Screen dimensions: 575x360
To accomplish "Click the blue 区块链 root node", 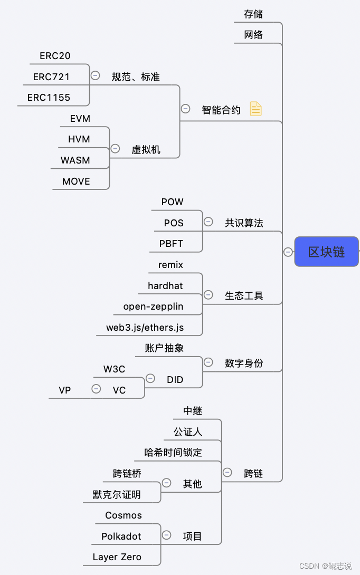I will coord(326,252).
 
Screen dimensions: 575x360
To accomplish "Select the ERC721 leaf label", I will coord(51,77).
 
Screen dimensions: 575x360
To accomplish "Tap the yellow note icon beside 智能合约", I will coord(255,109).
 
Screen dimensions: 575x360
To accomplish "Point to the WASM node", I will coord(75,160).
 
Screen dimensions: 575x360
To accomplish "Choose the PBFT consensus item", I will coord(172,244).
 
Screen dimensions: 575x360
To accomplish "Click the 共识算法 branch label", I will coord(244,223).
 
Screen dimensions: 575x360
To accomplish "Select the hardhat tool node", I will coord(165,286).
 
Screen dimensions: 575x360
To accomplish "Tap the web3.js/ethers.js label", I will coord(145,328).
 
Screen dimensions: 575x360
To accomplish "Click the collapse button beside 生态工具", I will coord(208,295).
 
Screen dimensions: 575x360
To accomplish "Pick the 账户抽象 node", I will coord(164,348).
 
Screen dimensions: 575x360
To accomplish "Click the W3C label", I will coord(115,369).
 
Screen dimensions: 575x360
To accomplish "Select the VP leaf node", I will coord(65,390).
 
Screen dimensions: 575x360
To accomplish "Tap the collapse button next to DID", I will coord(150,378).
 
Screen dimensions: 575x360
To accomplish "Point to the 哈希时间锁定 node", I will coord(173,453).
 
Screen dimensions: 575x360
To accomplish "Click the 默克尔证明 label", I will coord(117,495).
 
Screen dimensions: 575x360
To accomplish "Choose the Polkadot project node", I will coord(121,536).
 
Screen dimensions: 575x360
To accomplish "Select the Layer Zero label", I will coord(117,557).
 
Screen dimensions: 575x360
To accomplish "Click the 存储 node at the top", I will coord(253,14).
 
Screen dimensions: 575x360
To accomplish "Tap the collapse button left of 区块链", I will coord(288,252).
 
